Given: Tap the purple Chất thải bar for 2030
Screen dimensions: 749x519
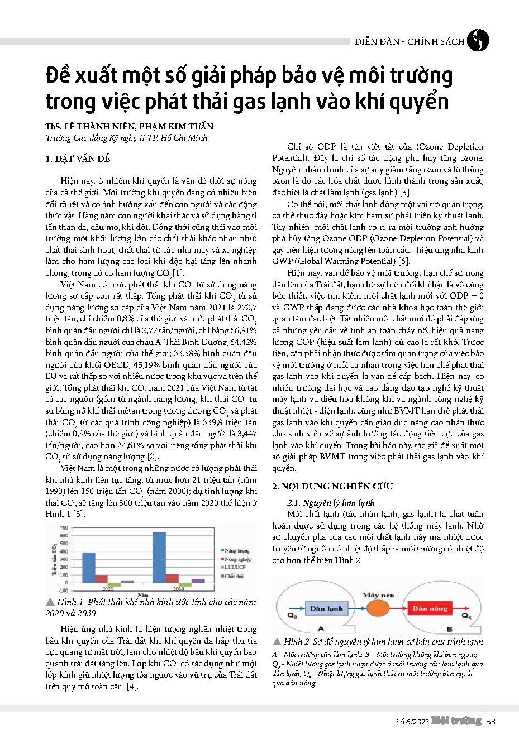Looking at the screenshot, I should click(x=198, y=580).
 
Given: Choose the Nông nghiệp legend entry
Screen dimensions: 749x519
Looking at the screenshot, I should click(x=237, y=559).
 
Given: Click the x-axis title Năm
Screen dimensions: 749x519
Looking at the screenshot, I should click(x=144, y=595).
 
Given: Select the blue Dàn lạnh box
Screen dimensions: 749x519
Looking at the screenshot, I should click(x=327, y=608).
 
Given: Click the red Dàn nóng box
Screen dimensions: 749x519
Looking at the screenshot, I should click(x=430, y=608).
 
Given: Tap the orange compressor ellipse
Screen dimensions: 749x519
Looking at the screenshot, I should click(x=379, y=608).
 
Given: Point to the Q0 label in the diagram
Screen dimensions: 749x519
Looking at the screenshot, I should click(x=292, y=616).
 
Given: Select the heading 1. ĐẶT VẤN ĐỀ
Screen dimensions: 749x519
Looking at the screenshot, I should click(x=78, y=159).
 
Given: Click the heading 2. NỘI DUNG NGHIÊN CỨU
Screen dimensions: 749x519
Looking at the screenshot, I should click(x=332, y=487).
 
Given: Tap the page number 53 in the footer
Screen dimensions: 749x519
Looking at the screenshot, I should click(x=491, y=722).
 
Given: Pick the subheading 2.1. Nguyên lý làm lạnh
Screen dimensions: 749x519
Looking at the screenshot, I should click(x=331, y=502).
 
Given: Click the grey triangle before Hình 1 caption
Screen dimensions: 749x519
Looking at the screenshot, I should click(x=50, y=602).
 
